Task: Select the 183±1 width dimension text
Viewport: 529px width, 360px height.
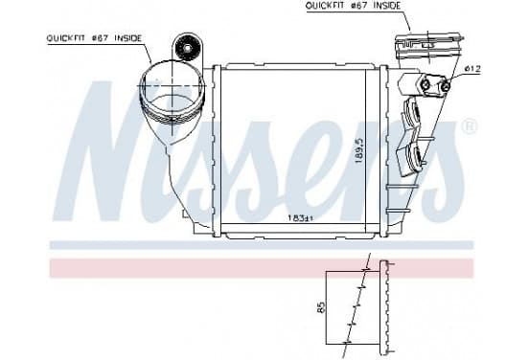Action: tap(300, 218)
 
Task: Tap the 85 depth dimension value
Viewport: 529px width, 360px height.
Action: tap(321, 307)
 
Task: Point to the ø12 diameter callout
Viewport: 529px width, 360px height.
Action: tap(472, 69)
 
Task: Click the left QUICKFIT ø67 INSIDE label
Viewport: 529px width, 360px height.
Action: tap(94, 38)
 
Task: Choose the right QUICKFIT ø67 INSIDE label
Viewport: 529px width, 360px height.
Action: tap(353, 6)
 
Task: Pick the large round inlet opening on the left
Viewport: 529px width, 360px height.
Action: tap(172, 87)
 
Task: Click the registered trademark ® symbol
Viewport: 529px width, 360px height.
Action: tap(470, 126)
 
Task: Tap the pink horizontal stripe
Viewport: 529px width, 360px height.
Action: tap(262, 268)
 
